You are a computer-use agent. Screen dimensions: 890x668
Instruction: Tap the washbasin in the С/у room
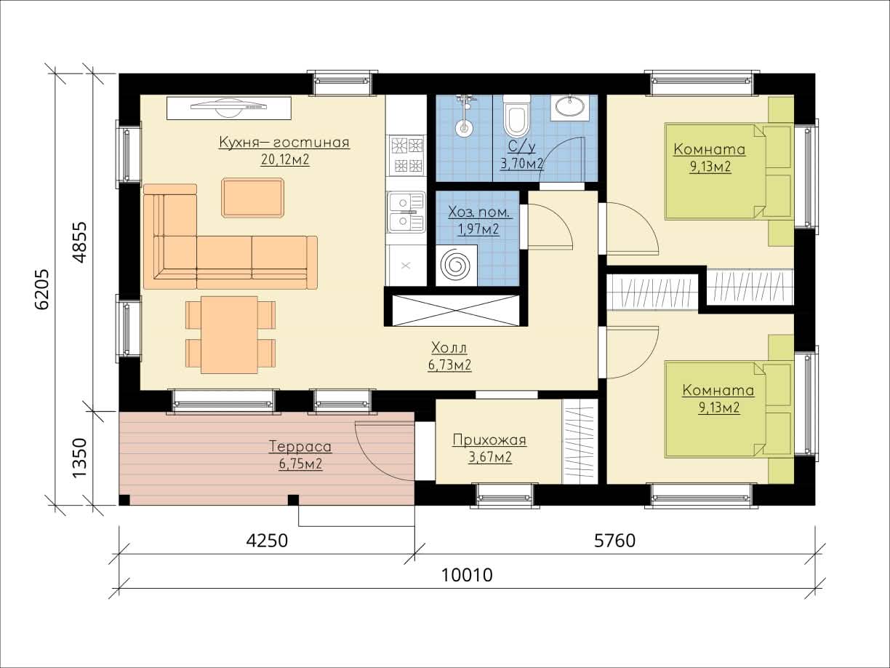click(x=569, y=107)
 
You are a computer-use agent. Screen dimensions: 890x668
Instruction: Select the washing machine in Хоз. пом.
click(x=457, y=266)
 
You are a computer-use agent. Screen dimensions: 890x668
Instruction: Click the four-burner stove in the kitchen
click(x=406, y=155)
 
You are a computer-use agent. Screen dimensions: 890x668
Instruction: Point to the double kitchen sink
click(x=406, y=212)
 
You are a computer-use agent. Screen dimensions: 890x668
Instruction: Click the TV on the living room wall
click(x=229, y=108)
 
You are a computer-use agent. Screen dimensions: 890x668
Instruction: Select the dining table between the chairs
click(x=229, y=335)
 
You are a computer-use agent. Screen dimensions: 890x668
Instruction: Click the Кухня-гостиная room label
click(x=284, y=143)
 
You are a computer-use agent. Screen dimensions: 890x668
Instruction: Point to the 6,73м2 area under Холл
click(x=449, y=365)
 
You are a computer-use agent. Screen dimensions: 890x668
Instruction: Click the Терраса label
click(x=300, y=447)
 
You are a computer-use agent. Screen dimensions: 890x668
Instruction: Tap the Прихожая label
click(x=489, y=440)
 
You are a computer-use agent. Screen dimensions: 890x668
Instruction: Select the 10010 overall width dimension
click(x=467, y=575)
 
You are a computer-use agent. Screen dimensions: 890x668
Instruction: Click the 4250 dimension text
click(x=267, y=541)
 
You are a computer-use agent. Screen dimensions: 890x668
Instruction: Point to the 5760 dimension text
click(x=614, y=541)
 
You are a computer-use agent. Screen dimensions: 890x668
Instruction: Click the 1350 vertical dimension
click(x=79, y=458)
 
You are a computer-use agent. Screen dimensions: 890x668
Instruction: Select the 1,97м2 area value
click(x=478, y=229)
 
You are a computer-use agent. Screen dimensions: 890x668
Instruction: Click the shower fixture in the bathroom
click(x=464, y=115)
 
